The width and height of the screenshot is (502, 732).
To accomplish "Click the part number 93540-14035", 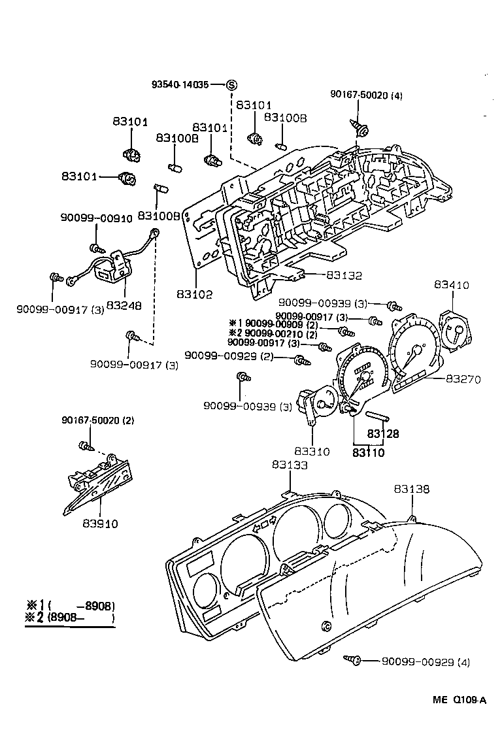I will coord(180,85).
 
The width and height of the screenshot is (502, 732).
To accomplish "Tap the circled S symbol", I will coord(231,85).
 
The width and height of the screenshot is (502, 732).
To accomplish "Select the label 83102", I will coord(194,295).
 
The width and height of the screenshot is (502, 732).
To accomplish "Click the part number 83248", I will coord(124,305).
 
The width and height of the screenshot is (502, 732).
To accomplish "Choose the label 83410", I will coord(452,286).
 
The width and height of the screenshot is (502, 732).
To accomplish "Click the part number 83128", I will coord(382,433).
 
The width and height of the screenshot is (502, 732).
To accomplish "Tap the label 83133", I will coord(290,465).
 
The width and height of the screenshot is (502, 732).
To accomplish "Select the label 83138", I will coord(411,489).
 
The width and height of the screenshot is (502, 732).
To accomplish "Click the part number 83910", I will coord(100,524).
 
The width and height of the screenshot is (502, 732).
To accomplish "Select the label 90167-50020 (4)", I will coord(366,95).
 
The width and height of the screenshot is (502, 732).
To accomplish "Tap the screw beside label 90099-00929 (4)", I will coord(353,661).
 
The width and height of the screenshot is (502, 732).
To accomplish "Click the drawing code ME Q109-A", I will coord(459,700).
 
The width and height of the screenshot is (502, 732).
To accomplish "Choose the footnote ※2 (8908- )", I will coord(69,618).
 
